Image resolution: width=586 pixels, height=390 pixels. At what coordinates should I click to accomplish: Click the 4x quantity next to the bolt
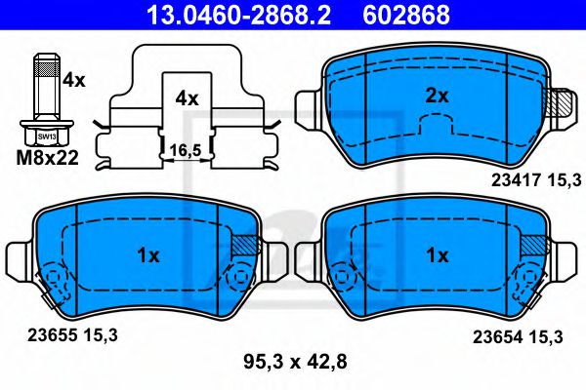[74, 81]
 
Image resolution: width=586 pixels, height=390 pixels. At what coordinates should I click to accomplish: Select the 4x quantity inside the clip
[187, 98]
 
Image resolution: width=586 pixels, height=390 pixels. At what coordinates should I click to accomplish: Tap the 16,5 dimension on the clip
[186, 150]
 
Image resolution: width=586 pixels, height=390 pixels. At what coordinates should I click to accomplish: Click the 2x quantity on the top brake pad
[437, 96]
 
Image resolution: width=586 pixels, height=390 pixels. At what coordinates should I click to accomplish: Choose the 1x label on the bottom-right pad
[437, 255]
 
